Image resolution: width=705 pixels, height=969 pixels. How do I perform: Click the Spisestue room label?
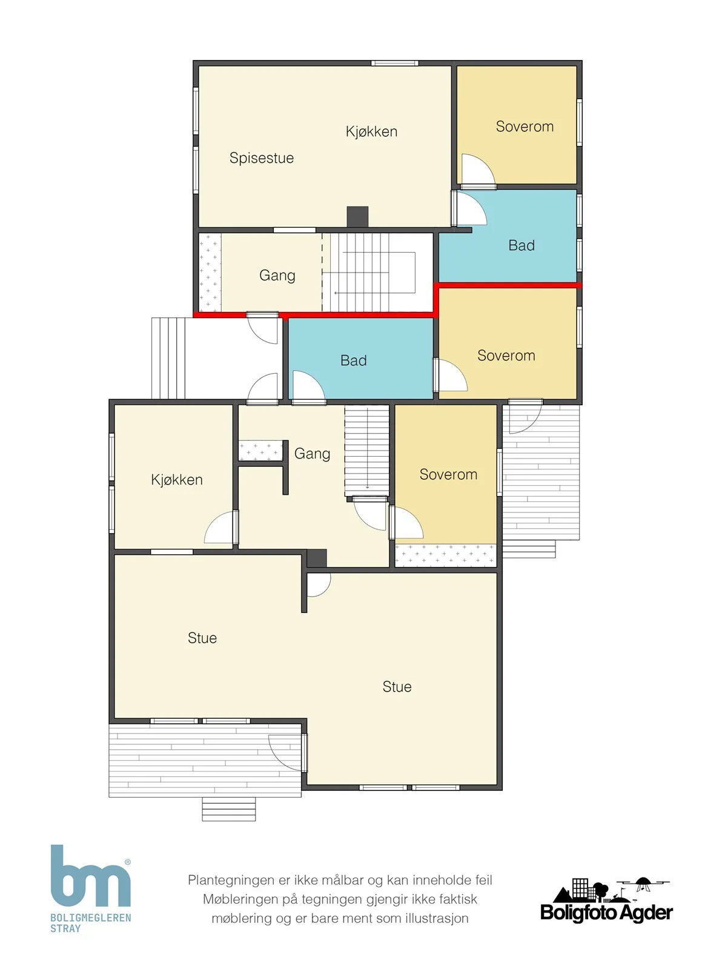[261, 158]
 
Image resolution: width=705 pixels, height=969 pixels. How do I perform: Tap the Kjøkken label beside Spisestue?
[371, 131]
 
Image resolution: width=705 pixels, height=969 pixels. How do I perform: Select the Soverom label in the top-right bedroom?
[525, 127]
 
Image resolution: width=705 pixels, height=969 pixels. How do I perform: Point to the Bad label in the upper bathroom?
[521, 245]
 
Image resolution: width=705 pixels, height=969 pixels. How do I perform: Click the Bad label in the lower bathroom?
[353, 360]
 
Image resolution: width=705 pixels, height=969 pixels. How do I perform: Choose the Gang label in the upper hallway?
[277, 276]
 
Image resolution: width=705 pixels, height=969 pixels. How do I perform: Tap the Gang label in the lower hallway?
[312, 454]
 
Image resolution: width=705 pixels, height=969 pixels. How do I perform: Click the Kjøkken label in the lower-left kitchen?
[176, 479]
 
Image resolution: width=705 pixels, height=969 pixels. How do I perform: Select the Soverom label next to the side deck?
[448, 474]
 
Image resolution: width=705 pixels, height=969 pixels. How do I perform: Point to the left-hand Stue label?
[202, 638]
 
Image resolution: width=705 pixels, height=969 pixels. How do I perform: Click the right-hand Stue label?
[397, 687]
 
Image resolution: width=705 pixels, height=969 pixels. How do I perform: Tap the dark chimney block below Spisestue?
[357, 216]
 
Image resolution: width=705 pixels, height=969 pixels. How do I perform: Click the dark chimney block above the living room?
[317, 558]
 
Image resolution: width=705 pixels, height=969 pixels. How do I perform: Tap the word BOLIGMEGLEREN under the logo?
[90, 918]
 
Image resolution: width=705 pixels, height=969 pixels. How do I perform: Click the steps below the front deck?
[229, 809]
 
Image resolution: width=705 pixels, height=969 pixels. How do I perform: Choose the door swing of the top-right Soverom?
[478, 170]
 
